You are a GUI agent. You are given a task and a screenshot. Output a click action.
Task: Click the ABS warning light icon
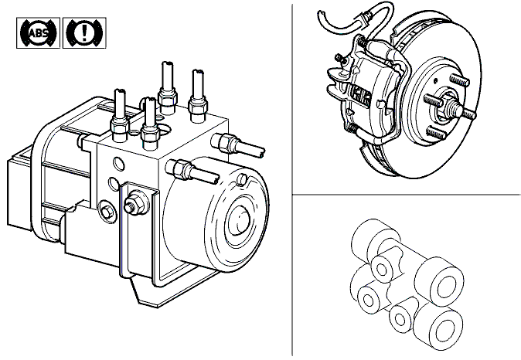pos(38,33)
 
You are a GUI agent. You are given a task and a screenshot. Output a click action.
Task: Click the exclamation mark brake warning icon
pos(84,33)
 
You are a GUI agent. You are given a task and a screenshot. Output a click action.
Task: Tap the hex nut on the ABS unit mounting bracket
pos(134,203)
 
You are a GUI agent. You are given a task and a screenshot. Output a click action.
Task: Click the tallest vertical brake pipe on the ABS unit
pos(168,87)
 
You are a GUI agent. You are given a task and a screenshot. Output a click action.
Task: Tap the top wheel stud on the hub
pos(459,80)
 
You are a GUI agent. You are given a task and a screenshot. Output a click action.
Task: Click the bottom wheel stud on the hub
pos(436,133)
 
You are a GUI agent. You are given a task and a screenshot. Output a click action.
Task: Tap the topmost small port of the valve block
pos(383,270)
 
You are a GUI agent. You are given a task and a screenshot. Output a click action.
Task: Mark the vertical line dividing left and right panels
pos(292,180)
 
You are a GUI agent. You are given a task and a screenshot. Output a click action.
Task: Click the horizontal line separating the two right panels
pos(407,195)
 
